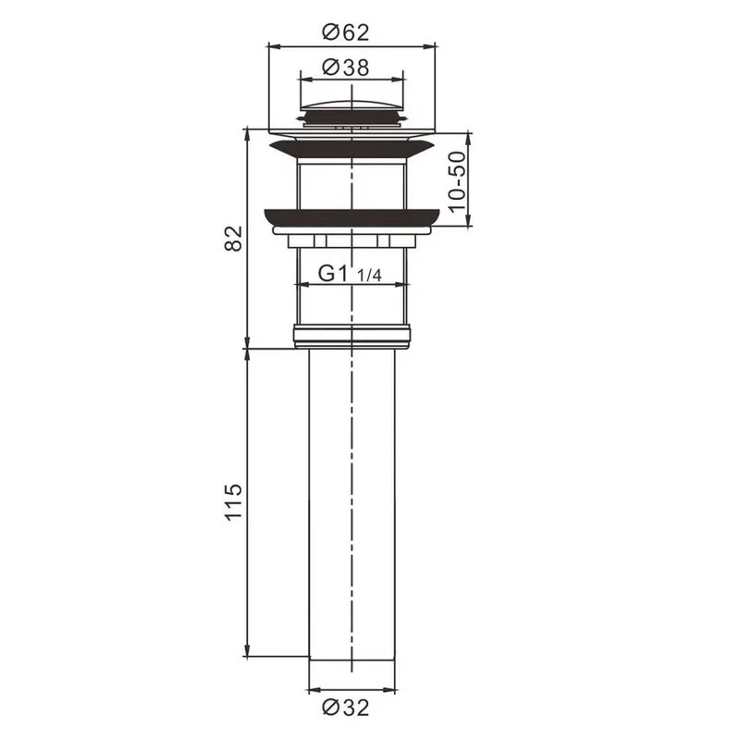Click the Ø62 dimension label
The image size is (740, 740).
(x=345, y=32)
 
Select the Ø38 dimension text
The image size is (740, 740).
(x=345, y=68)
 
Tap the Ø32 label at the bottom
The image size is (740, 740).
(x=345, y=708)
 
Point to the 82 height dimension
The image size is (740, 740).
(x=234, y=239)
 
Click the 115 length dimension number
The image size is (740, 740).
(x=234, y=502)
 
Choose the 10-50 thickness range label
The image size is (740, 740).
(x=457, y=181)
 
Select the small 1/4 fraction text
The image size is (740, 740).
(x=369, y=275)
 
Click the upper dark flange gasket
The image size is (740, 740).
(x=351, y=149)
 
